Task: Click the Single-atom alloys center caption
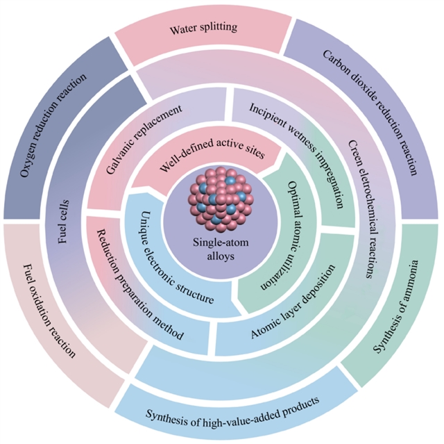point(222,248)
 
